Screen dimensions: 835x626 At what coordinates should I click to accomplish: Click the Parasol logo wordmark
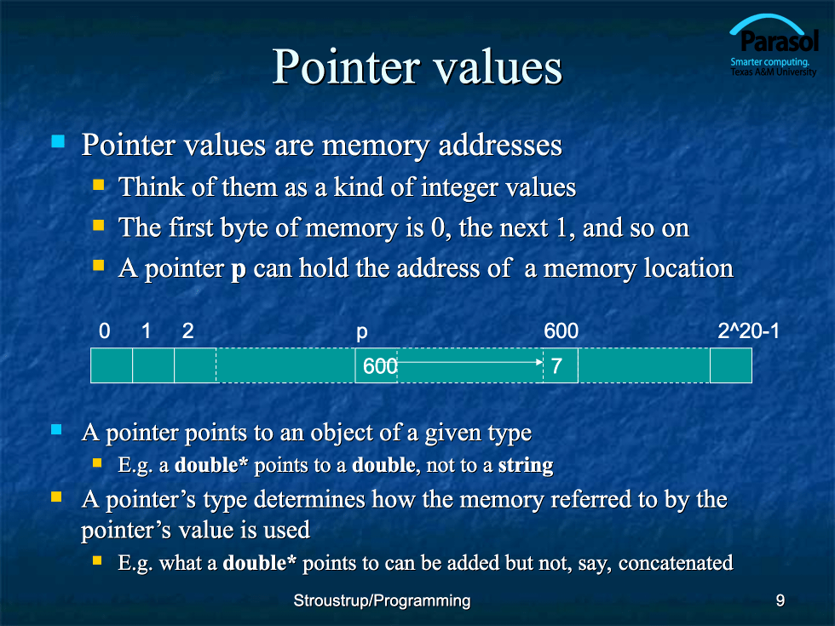(x=780, y=41)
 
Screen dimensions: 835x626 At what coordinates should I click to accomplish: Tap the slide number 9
(x=780, y=600)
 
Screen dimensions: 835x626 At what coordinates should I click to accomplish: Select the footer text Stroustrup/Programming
(x=382, y=600)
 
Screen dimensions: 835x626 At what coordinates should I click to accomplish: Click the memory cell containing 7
(x=561, y=365)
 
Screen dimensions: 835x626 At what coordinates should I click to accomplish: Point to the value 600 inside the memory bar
(x=380, y=366)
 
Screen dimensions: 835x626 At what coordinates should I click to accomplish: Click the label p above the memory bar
(x=361, y=332)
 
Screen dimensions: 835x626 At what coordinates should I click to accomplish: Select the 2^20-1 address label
(x=748, y=331)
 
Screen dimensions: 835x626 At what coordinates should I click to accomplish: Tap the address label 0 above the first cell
(x=104, y=331)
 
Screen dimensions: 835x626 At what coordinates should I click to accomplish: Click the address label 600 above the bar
(x=561, y=331)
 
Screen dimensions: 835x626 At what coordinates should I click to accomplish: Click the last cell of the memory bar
(x=731, y=365)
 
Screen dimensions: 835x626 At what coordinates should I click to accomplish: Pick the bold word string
(x=526, y=465)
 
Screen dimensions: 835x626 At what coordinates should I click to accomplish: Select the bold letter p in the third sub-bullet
(x=238, y=270)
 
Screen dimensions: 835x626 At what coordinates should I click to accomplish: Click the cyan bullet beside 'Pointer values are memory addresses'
(x=58, y=141)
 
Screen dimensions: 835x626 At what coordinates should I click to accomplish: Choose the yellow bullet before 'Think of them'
(x=99, y=184)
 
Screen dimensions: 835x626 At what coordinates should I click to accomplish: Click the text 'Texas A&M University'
(x=773, y=72)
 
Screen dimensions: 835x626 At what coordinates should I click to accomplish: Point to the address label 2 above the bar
(x=187, y=331)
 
